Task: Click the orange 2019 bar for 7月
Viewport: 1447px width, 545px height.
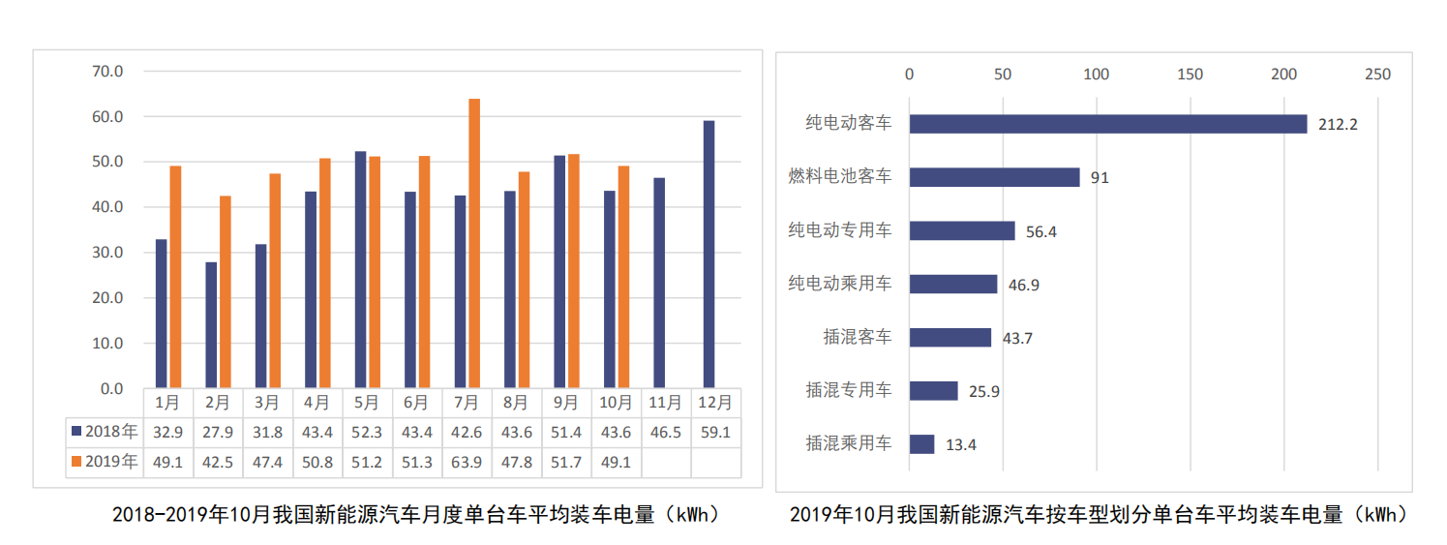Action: click(x=474, y=243)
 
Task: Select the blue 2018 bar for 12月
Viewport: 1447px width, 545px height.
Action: click(x=709, y=255)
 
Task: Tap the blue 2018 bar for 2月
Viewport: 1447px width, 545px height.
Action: click(x=211, y=325)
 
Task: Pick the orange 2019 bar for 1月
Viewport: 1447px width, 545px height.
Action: click(x=175, y=277)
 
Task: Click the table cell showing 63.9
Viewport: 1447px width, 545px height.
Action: click(x=467, y=462)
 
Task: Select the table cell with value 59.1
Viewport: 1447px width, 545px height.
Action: click(x=715, y=432)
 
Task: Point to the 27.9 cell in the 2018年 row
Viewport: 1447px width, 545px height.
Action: click(x=218, y=432)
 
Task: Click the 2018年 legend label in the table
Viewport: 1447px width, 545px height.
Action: click(x=105, y=432)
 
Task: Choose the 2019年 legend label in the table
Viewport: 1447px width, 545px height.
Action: click(x=105, y=462)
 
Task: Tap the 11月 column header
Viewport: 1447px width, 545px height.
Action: click(x=666, y=402)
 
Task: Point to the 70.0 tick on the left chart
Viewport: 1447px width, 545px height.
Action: click(x=106, y=72)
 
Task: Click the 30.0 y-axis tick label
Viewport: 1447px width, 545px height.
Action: click(x=106, y=253)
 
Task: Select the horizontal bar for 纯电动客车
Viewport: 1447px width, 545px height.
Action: click(x=1107, y=124)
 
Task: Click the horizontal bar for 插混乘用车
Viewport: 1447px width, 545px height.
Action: click(x=921, y=444)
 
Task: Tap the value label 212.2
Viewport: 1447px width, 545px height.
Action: click(x=1337, y=125)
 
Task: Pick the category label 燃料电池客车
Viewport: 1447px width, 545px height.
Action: click(x=840, y=177)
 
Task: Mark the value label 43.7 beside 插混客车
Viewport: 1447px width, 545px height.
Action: click(x=1016, y=338)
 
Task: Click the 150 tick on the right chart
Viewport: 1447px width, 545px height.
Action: click(x=1191, y=75)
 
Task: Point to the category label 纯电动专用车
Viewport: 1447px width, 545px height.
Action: click(x=840, y=230)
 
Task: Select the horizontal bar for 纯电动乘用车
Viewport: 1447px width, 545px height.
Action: click(x=952, y=284)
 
